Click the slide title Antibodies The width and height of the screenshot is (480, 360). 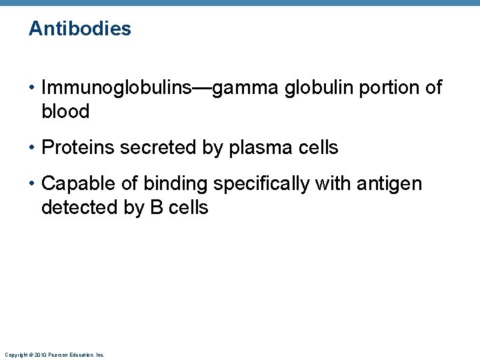[x=80, y=29]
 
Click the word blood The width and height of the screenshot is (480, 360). [x=65, y=111]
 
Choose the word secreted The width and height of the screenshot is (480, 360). [x=153, y=147]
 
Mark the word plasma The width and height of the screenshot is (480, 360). [x=256, y=147]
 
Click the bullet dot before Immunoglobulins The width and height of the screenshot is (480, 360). [x=32, y=88]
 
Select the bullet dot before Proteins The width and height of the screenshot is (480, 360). [x=32, y=147]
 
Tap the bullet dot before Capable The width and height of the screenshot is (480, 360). [x=32, y=183]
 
